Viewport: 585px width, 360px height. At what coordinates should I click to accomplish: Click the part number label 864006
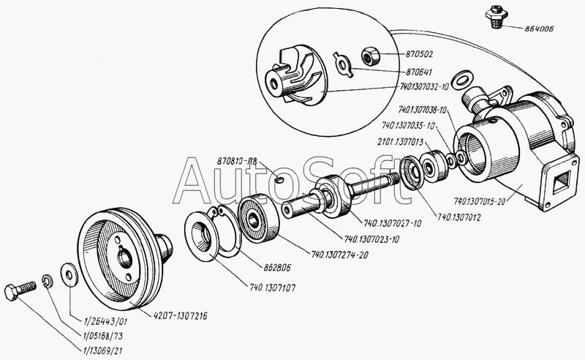click(x=540, y=29)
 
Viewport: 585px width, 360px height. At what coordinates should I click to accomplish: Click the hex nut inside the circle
click(x=371, y=55)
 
